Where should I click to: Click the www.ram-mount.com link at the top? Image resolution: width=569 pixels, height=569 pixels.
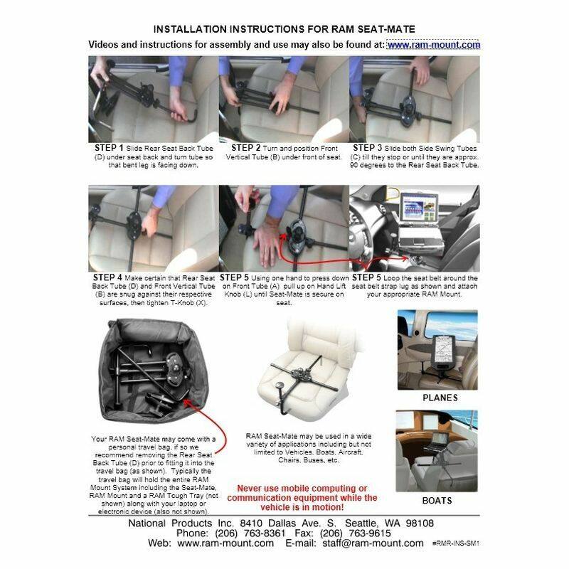click(434, 45)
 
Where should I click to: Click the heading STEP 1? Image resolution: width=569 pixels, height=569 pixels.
click(109, 148)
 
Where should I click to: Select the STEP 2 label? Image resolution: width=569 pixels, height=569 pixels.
click(246, 148)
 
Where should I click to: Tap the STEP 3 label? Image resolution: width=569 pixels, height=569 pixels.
click(368, 148)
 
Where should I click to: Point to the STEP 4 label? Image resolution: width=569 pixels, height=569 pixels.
click(107, 277)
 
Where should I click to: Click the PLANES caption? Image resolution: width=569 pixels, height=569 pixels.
click(440, 398)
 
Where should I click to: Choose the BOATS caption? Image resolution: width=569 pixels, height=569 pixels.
click(437, 501)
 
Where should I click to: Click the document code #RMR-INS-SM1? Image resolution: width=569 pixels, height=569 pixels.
click(456, 543)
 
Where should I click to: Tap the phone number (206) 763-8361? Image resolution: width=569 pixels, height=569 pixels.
click(250, 533)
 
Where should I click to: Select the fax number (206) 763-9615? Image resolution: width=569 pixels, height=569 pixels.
click(355, 533)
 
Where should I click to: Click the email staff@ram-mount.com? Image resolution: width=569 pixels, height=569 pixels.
click(373, 543)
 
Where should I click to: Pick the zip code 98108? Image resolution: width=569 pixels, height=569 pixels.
click(420, 523)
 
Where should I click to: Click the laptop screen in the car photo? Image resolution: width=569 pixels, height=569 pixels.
click(420, 208)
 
